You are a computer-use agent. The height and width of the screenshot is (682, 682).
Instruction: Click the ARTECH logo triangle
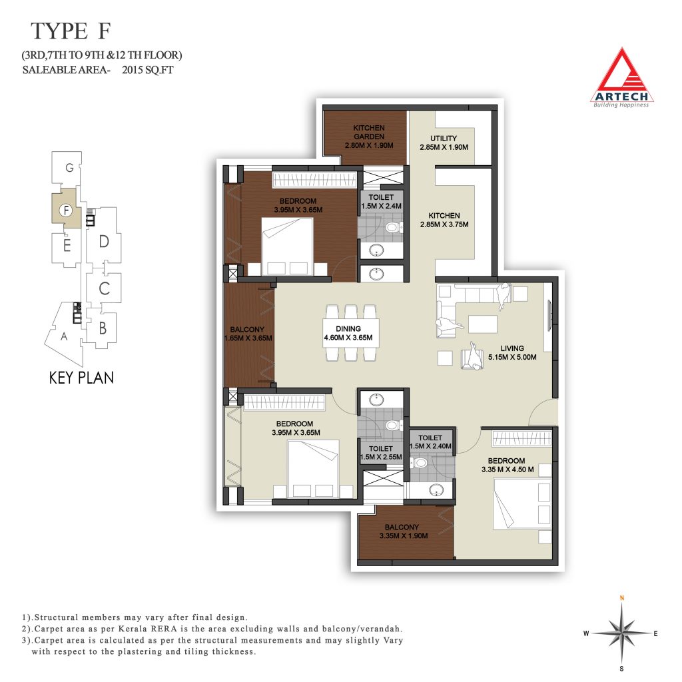tap(623, 77)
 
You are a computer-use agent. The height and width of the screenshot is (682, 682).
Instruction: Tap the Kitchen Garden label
tap(369, 137)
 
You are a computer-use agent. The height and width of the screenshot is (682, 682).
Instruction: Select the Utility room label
tap(444, 143)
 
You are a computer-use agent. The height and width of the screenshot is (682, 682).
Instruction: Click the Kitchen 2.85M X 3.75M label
tap(444, 220)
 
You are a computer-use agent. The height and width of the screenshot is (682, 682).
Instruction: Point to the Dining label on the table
tap(348, 333)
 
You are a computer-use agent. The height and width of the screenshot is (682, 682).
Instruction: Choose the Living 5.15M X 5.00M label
tap(512, 353)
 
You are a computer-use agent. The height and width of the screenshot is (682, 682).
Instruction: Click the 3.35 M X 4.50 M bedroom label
tap(507, 465)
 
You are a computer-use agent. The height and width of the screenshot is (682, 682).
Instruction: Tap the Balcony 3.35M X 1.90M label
tap(403, 531)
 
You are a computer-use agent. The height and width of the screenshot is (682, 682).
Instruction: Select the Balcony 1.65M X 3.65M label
tap(248, 334)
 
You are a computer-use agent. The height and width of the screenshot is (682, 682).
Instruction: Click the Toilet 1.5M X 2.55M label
tap(380, 453)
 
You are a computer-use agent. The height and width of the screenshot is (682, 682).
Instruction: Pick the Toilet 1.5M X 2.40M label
tap(430, 442)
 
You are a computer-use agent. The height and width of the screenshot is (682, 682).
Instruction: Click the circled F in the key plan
tap(66, 210)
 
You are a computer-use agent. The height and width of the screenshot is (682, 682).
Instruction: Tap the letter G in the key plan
tap(69, 167)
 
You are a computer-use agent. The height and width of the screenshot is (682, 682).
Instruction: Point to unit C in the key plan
tap(104, 288)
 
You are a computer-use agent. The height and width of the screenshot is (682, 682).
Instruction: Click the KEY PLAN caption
tap(81, 378)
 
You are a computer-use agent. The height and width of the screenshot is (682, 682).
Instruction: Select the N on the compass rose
tap(622, 598)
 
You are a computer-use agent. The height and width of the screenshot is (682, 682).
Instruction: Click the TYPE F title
tap(71, 31)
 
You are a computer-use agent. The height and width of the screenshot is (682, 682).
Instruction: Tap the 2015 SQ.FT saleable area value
tap(147, 69)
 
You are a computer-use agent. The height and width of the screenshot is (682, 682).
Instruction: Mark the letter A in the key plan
tap(64, 336)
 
